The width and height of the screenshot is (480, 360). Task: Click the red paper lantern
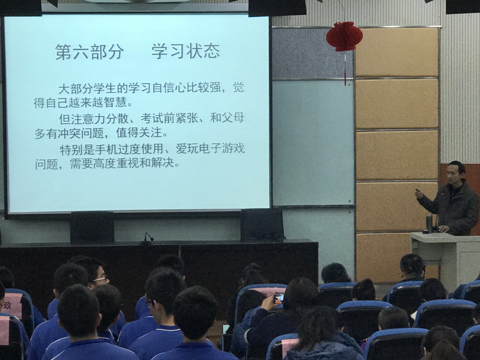(x=344, y=36)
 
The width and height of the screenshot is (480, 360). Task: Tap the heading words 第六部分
(x=89, y=52)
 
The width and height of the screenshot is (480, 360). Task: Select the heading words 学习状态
(x=186, y=51)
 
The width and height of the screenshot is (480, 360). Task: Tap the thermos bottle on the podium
(x=429, y=223)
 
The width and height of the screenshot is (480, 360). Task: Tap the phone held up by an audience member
(x=279, y=298)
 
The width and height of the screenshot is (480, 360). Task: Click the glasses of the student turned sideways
(x=100, y=279)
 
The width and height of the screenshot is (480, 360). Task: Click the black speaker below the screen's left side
(x=92, y=226)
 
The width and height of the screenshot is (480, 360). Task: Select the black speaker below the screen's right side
(x=262, y=224)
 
